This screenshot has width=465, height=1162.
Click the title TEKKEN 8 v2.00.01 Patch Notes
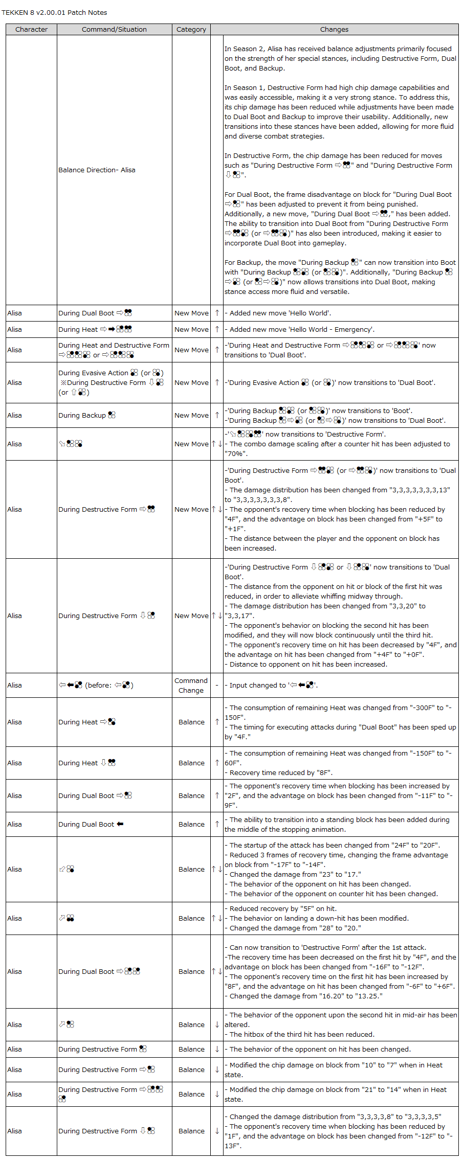click(54, 13)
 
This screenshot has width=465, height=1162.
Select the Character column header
click(31, 30)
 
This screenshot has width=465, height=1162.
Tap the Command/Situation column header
click(114, 30)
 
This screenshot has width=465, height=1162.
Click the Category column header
click(191, 30)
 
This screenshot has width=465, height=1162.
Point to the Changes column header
click(334, 30)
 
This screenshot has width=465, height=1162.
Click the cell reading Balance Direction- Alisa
click(97, 170)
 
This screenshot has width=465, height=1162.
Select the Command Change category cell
click(191, 686)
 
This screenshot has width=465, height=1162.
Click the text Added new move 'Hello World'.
click(280, 313)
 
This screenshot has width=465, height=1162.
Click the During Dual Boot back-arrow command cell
click(91, 825)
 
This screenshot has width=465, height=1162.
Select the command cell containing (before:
click(96, 686)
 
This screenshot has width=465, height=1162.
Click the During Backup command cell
click(87, 416)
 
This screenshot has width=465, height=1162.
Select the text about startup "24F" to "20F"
click(335, 846)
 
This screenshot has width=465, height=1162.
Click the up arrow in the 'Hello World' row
click(217, 313)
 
